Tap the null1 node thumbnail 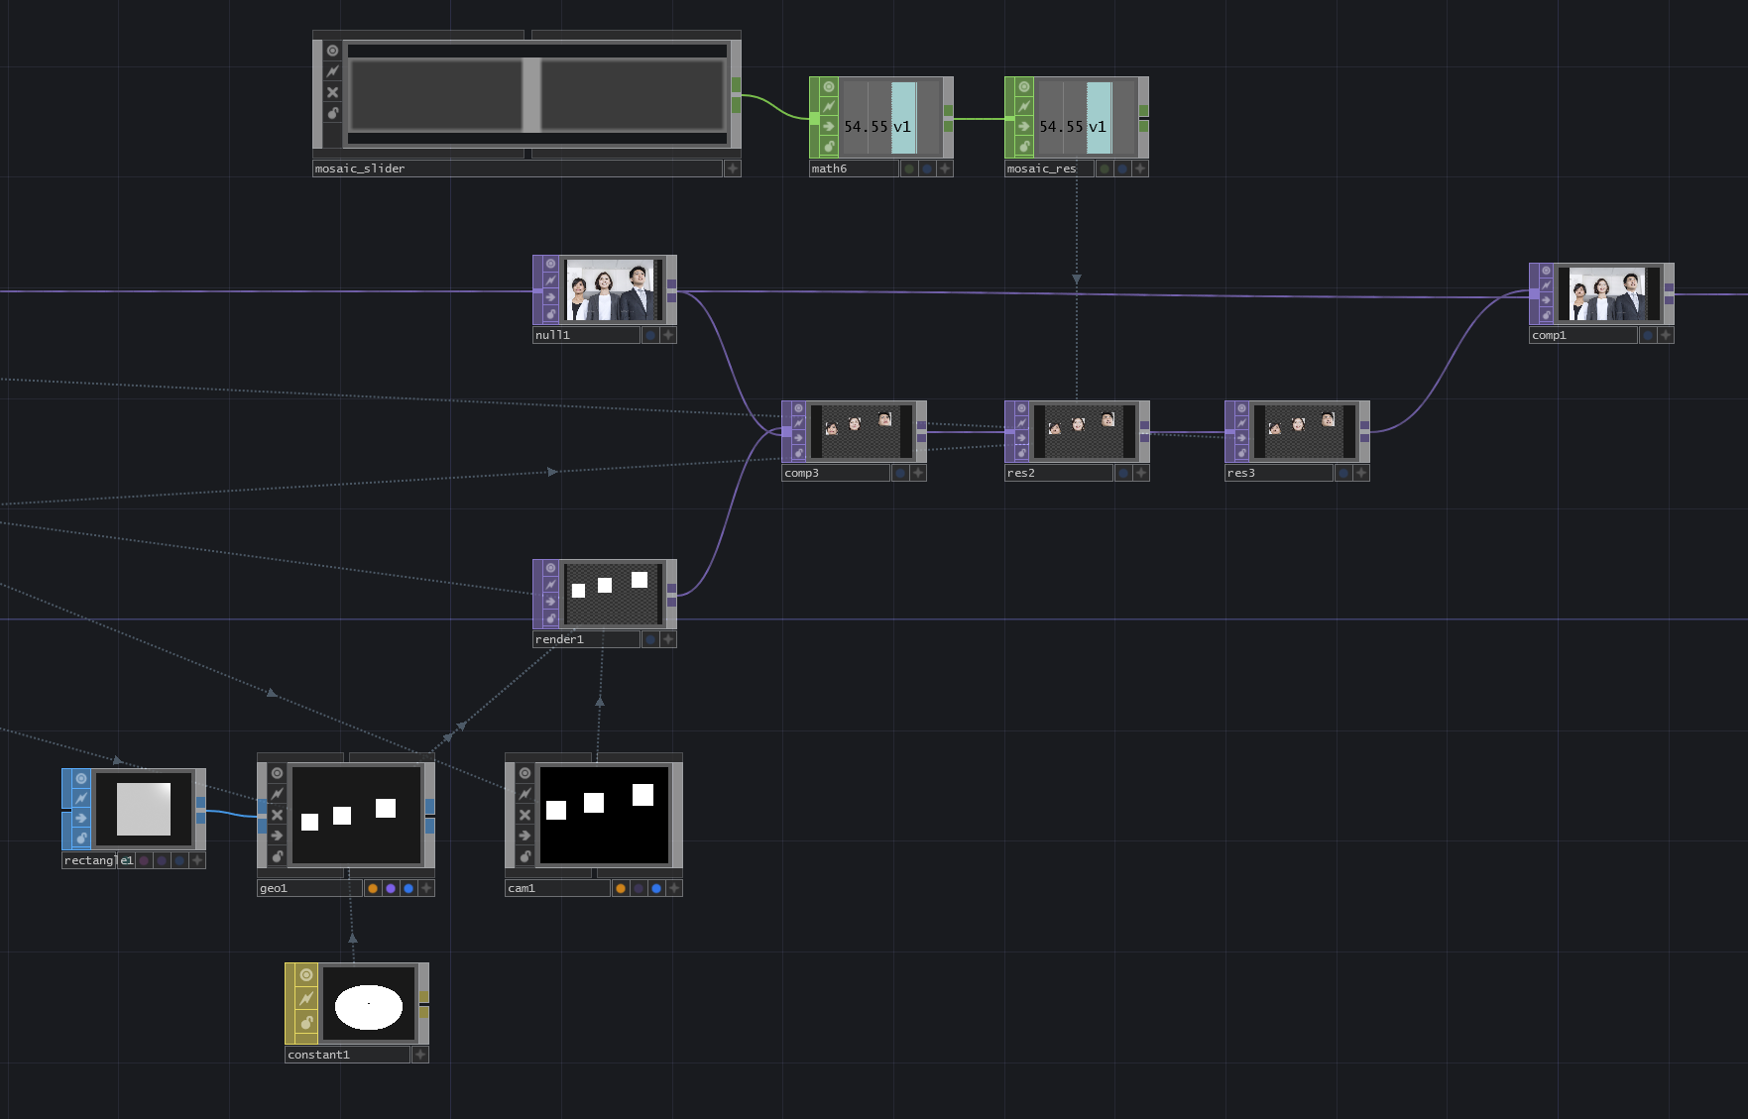pyautogui.click(x=611, y=290)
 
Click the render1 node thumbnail pyautogui.click(x=611, y=594)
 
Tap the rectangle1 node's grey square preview pyautogui.click(x=144, y=809)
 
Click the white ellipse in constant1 pyautogui.click(x=368, y=1007)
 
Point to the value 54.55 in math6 pyautogui.click(x=865, y=127)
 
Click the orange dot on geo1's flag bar pyautogui.click(x=373, y=888)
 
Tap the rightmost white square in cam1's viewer pyautogui.click(x=642, y=794)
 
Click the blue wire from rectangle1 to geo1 pyautogui.click(x=230, y=814)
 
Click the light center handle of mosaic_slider pyautogui.click(x=531, y=94)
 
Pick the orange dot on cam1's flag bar pyautogui.click(x=621, y=888)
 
